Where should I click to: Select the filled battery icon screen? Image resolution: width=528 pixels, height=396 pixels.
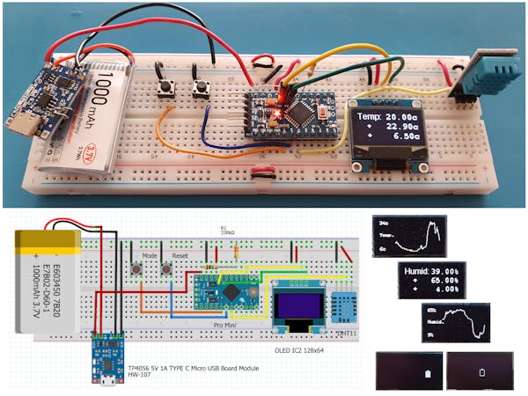[407, 370]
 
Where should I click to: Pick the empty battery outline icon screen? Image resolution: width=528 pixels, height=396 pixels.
[480, 370]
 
